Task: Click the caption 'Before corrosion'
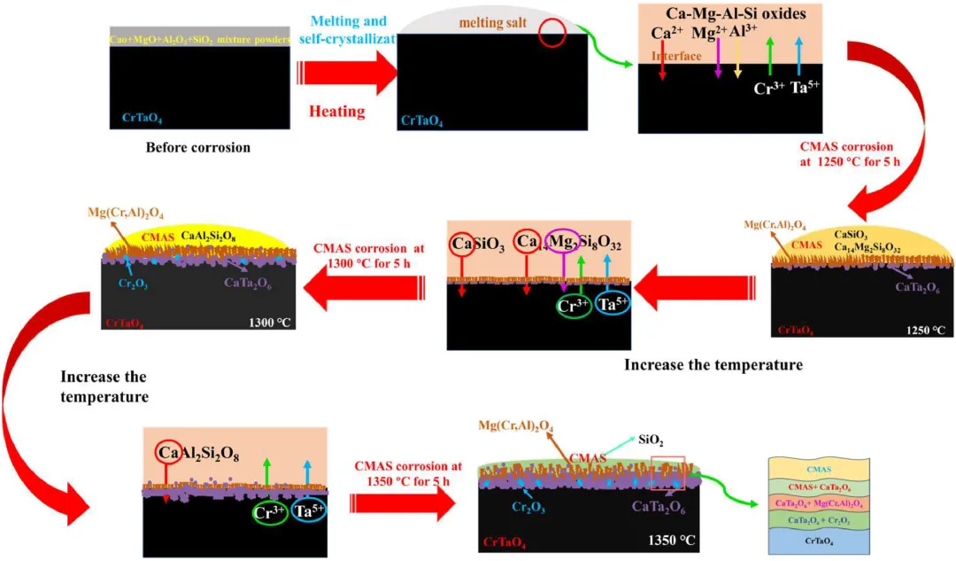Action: (198, 147)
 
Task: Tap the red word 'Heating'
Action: (337, 111)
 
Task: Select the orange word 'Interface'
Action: (677, 56)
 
